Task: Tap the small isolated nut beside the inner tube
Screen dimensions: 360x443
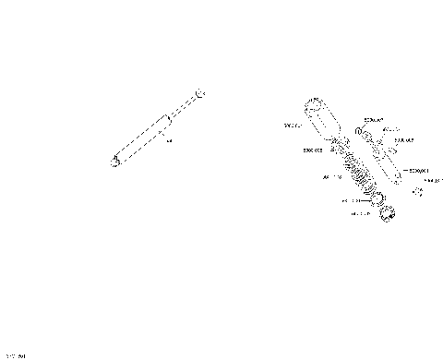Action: tap(417, 191)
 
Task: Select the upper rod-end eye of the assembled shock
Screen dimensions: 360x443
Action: tap(202, 93)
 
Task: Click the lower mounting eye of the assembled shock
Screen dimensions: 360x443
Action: tap(115, 161)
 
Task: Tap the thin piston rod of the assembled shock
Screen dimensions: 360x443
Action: tap(186, 106)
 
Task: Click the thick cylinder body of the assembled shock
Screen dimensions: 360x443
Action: tap(143, 138)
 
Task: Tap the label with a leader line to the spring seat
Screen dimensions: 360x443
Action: tap(351, 199)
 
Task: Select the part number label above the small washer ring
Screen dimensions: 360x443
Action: tap(374, 119)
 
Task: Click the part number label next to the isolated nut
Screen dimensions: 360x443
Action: tap(433, 181)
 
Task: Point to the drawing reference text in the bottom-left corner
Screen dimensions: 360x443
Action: tap(16, 354)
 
